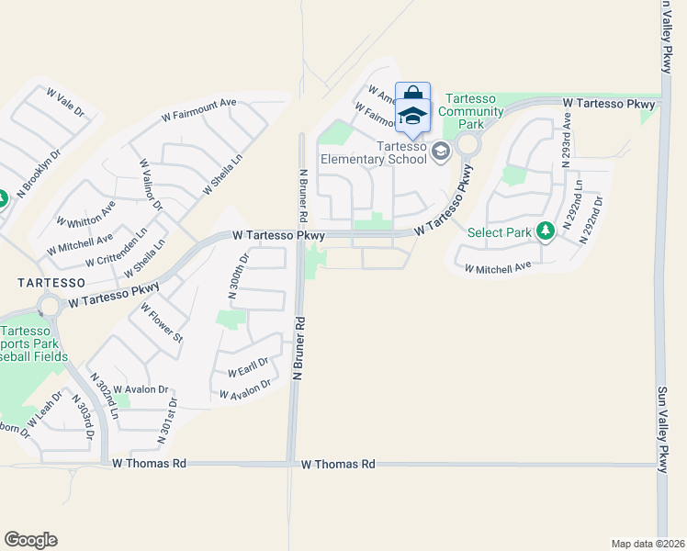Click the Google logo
coord(30,540)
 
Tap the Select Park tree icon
coord(546,230)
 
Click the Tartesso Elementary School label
coord(374,152)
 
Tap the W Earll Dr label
coord(247,366)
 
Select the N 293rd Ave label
coord(568,137)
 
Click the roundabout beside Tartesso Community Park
coord(468,144)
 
